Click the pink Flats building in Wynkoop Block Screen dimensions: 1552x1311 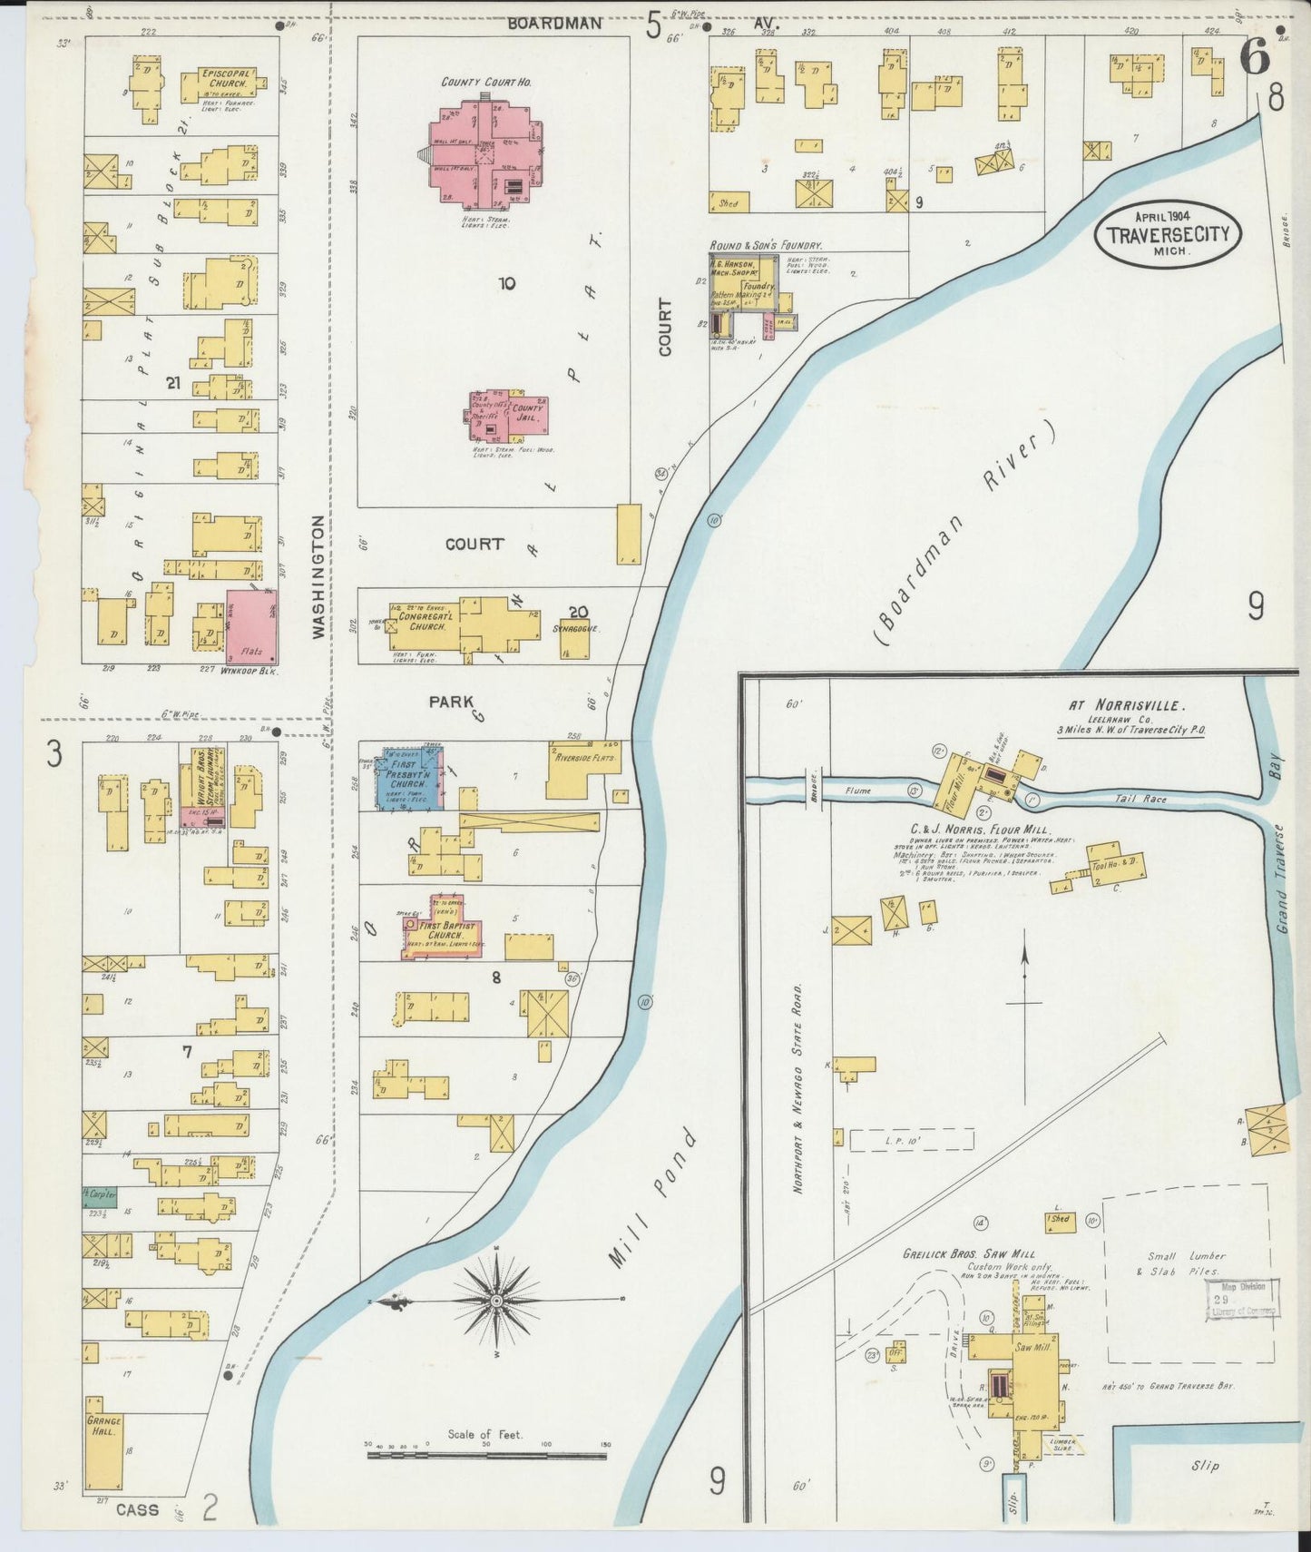251,626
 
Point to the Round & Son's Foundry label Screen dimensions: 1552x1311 765,245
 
